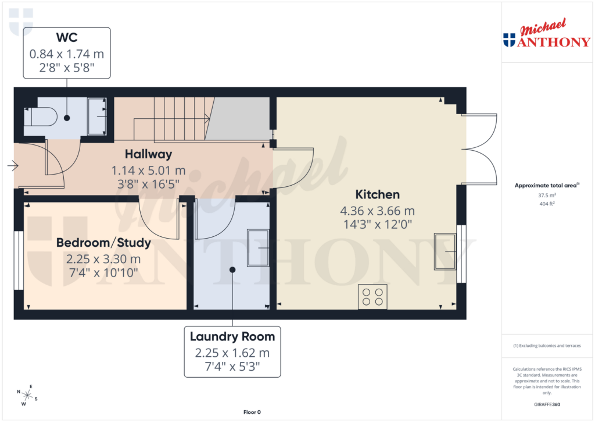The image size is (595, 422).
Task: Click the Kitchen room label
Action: tap(378, 194)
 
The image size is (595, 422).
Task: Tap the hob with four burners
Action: tap(372, 297)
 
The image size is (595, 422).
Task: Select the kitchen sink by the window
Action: tap(445, 251)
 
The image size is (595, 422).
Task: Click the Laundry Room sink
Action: tap(258, 247)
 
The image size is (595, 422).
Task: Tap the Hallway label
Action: tap(149, 154)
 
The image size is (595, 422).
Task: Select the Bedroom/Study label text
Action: tap(103, 243)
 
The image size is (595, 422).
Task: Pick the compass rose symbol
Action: tap(27, 395)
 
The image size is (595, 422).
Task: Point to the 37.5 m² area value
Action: tap(546, 196)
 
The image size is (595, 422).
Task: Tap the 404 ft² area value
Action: tap(546, 204)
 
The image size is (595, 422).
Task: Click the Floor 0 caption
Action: tap(252, 412)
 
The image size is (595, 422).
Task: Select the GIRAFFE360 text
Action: tap(547, 404)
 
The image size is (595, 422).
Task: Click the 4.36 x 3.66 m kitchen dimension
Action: tap(378, 211)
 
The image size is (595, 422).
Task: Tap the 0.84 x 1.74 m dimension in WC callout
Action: tap(66, 54)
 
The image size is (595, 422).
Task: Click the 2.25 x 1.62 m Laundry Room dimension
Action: tap(232, 353)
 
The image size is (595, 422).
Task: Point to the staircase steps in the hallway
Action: tap(180, 119)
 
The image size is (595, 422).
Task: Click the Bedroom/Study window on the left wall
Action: tap(18, 260)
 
